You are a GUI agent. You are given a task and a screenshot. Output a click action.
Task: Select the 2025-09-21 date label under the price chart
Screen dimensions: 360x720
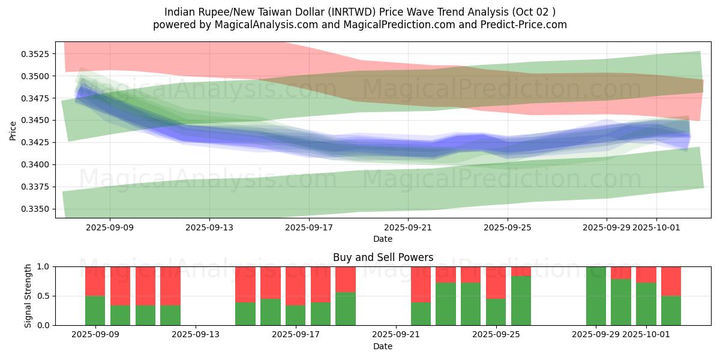[x=408, y=227]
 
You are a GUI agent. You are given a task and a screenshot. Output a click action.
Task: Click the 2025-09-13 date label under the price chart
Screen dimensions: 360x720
[x=209, y=227]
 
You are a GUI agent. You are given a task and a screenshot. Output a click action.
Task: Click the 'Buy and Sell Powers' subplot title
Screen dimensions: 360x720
[x=383, y=257]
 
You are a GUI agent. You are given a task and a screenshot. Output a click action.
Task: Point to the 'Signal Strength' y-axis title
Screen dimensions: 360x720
[x=28, y=296]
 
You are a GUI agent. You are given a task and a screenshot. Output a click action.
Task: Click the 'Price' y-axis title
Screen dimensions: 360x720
[x=13, y=130]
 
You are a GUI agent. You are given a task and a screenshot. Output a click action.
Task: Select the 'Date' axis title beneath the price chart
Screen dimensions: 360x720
[x=383, y=239]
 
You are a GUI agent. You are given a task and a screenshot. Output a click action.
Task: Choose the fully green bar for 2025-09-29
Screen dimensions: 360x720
[x=596, y=296]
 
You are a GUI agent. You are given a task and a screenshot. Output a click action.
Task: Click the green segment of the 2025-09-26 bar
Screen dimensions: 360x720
[x=521, y=301]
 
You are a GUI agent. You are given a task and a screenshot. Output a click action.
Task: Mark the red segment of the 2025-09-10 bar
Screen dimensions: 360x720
[x=120, y=286]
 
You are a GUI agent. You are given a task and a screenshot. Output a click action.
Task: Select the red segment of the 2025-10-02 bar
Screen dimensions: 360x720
[x=671, y=281]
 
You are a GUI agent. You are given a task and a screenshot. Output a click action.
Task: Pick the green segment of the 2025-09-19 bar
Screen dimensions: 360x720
[x=346, y=308]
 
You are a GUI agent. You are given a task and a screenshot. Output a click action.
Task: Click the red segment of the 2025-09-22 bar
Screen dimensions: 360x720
[x=421, y=284]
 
